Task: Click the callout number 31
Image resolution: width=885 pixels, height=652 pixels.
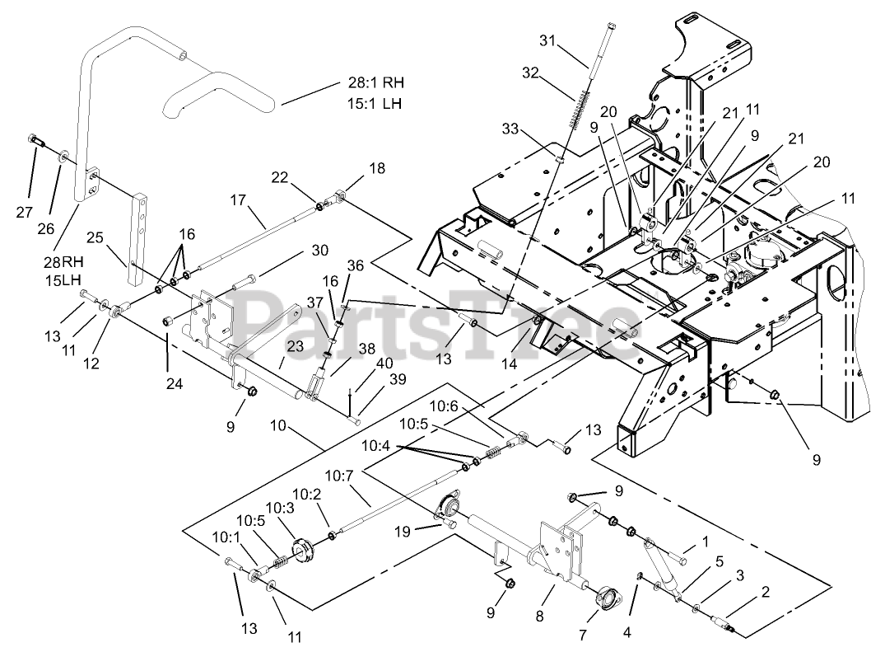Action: point(547,40)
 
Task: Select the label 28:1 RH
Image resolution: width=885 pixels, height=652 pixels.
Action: point(376,83)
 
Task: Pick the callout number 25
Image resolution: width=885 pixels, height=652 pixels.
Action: point(95,237)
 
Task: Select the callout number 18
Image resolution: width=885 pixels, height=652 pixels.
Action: point(376,168)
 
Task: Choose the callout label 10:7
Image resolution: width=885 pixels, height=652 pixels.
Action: point(339,476)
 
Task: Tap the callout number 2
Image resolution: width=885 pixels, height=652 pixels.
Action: point(766,591)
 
